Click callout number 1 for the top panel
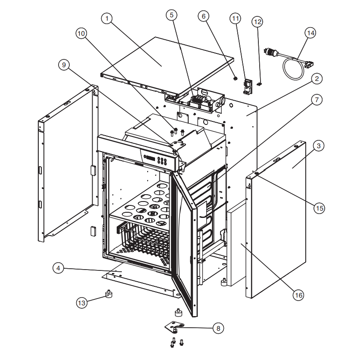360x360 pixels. (x=107, y=19)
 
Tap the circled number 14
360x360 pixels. (x=310, y=33)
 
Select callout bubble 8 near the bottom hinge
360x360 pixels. (x=218, y=328)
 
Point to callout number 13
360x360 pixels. (x=82, y=303)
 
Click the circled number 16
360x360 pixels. (x=298, y=295)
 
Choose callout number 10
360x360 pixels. (x=81, y=34)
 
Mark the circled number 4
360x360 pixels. (x=58, y=268)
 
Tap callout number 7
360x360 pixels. (x=317, y=99)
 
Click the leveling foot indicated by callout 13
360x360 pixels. (x=109, y=294)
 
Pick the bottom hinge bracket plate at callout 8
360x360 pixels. (x=174, y=326)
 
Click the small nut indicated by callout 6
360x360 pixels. (x=235, y=78)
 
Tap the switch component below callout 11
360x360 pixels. (x=248, y=87)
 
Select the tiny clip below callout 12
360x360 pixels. (x=259, y=84)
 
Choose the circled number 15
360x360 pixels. (x=320, y=208)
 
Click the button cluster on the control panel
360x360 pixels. (x=162, y=161)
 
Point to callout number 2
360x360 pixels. (x=317, y=78)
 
